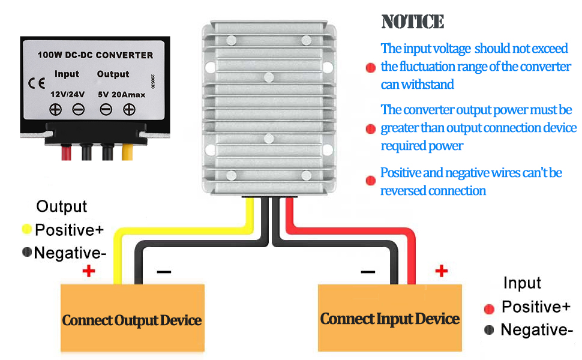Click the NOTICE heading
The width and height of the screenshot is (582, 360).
point(413,22)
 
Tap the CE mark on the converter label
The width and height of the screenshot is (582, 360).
point(37,83)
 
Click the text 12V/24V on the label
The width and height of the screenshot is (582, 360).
point(68,94)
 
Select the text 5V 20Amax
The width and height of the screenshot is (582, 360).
point(122,95)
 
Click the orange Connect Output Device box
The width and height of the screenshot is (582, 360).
point(133,317)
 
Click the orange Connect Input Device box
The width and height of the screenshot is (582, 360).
point(390,317)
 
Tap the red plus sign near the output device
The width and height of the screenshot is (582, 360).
point(89,271)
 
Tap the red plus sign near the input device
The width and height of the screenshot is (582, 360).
point(442,271)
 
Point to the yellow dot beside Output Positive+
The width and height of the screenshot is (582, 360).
point(27,229)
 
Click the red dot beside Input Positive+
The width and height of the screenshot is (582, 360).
point(489,309)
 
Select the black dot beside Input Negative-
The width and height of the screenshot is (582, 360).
point(489,329)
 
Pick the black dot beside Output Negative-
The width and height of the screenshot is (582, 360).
point(27,252)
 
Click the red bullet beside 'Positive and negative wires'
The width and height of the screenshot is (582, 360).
point(370,181)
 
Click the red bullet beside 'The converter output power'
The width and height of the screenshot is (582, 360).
point(370,129)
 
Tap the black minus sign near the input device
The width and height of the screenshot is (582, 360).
point(368,272)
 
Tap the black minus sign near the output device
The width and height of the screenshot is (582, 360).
point(164,272)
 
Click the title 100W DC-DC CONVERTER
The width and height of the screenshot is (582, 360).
point(95,55)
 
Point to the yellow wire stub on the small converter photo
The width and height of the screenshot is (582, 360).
point(127,152)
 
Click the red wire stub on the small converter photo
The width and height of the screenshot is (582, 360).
point(67,152)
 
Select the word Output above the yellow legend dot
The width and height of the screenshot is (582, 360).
point(62,207)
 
